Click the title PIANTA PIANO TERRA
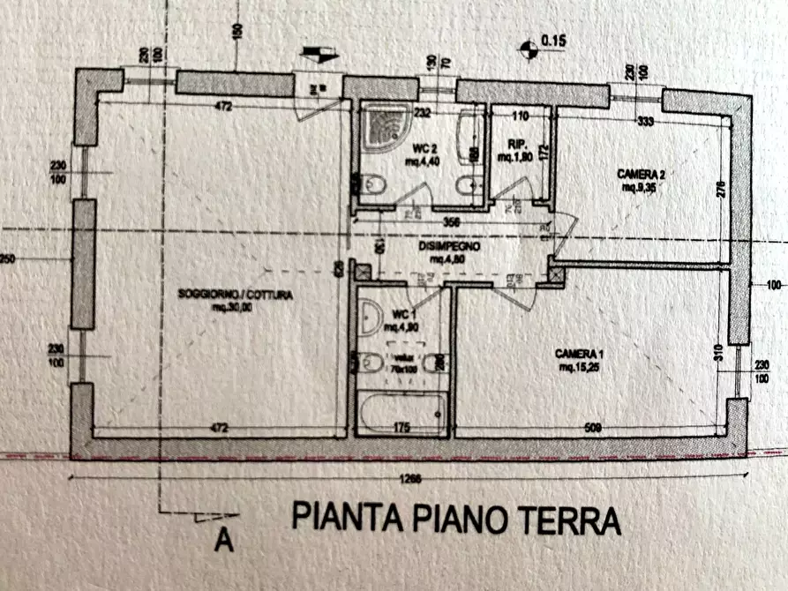(x=456, y=518)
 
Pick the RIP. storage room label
(x=517, y=146)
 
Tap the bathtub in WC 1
(x=402, y=413)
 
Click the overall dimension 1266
(x=409, y=480)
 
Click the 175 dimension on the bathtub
(x=401, y=429)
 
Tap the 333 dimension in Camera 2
(x=645, y=122)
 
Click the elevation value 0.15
(x=554, y=41)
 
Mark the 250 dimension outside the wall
(x=7, y=261)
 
